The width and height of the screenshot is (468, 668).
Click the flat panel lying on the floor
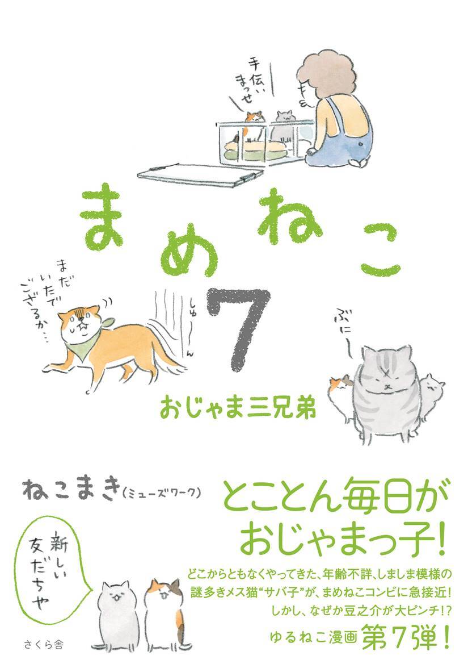pyautogui.click(x=198, y=176)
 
